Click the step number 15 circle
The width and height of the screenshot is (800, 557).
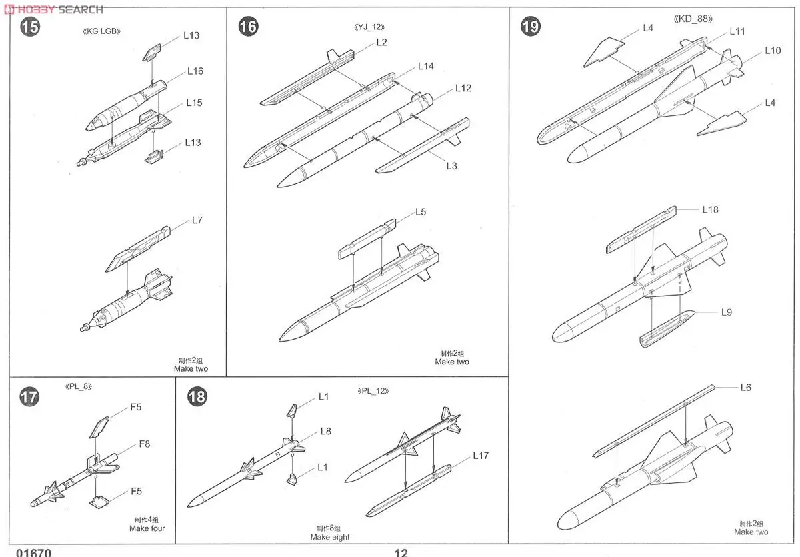30,27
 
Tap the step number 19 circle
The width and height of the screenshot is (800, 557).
531,27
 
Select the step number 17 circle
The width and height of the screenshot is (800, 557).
30,397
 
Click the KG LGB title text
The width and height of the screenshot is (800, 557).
101,31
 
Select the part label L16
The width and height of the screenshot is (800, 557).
195,71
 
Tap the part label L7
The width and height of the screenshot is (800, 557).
197,220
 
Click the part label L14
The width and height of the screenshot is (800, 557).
426,66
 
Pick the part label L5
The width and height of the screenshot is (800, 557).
420,212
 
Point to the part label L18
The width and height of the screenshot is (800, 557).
710,209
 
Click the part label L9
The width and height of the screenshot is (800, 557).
726,312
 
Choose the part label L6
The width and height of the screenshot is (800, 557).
745,388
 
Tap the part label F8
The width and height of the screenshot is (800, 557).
145,444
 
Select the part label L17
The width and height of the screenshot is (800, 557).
481,456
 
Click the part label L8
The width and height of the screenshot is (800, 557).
325,431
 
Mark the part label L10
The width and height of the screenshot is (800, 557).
773,51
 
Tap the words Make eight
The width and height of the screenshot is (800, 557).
329,537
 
